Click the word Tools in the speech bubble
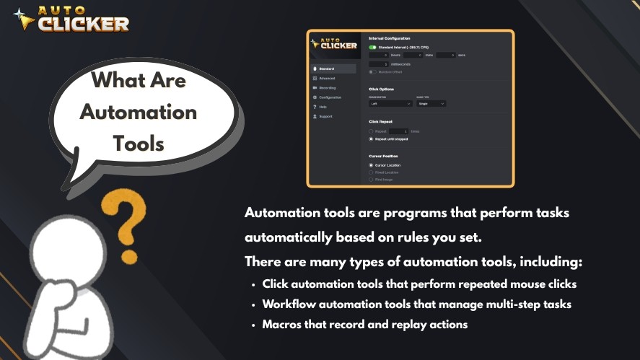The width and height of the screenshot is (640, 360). tap(139, 143)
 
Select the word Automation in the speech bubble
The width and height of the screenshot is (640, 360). tap(138, 112)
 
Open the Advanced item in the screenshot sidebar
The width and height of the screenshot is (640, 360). tap(327, 78)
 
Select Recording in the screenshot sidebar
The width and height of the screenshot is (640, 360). tap(328, 87)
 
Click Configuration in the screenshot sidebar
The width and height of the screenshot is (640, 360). tap(330, 97)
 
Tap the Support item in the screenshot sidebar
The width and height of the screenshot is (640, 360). tap(325, 116)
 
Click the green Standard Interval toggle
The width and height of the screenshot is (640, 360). tap(372, 47)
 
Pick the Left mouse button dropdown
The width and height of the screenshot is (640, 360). tap(390, 103)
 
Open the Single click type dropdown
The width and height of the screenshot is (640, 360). tap(431, 103)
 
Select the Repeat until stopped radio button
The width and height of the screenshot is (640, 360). tap(372, 139)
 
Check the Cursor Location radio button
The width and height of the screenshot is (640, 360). tap(372, 165)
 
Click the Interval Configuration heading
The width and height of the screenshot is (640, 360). tap(390, 38)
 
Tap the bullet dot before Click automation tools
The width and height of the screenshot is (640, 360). tap(253, 284)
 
